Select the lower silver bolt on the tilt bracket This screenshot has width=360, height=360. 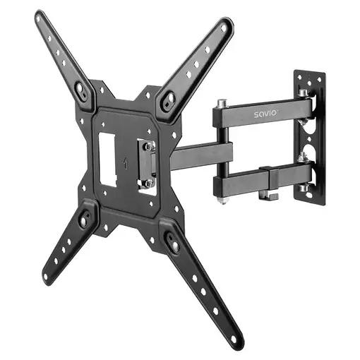coord(149,181)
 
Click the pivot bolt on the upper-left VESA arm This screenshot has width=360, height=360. coord(81,91)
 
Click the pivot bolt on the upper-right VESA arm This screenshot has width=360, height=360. coord(170,101)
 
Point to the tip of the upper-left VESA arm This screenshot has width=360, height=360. coord(40,16)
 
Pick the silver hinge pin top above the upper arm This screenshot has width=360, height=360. coord(222,102)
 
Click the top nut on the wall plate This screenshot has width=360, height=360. coord(303,93)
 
